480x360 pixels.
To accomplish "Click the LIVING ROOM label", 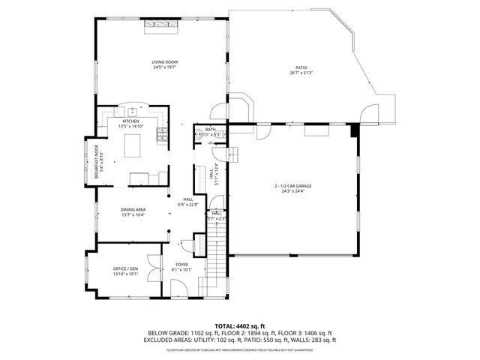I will tap(164, 62).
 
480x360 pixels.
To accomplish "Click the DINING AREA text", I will tap(133, 210).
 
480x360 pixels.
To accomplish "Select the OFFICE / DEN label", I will tap(126, 268).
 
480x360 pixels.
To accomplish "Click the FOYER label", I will tap(182, 265).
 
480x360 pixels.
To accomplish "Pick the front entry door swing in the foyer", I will tap(181, 286).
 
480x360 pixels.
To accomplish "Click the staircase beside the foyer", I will tap(215, 255).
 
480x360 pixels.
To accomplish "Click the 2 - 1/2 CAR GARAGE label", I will tap(292, 185).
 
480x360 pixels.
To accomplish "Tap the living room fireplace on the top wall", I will tap(161, 25).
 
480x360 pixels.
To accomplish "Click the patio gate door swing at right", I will tap(368, 114).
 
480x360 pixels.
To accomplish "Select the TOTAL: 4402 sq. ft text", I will tap(239, 325).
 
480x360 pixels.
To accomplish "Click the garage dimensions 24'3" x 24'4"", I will tap(292, 190).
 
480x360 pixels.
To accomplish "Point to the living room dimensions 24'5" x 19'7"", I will tap(164, 67).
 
